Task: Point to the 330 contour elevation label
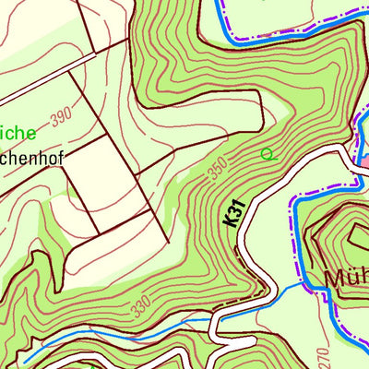(138, 306)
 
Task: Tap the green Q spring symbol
(268, 154)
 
